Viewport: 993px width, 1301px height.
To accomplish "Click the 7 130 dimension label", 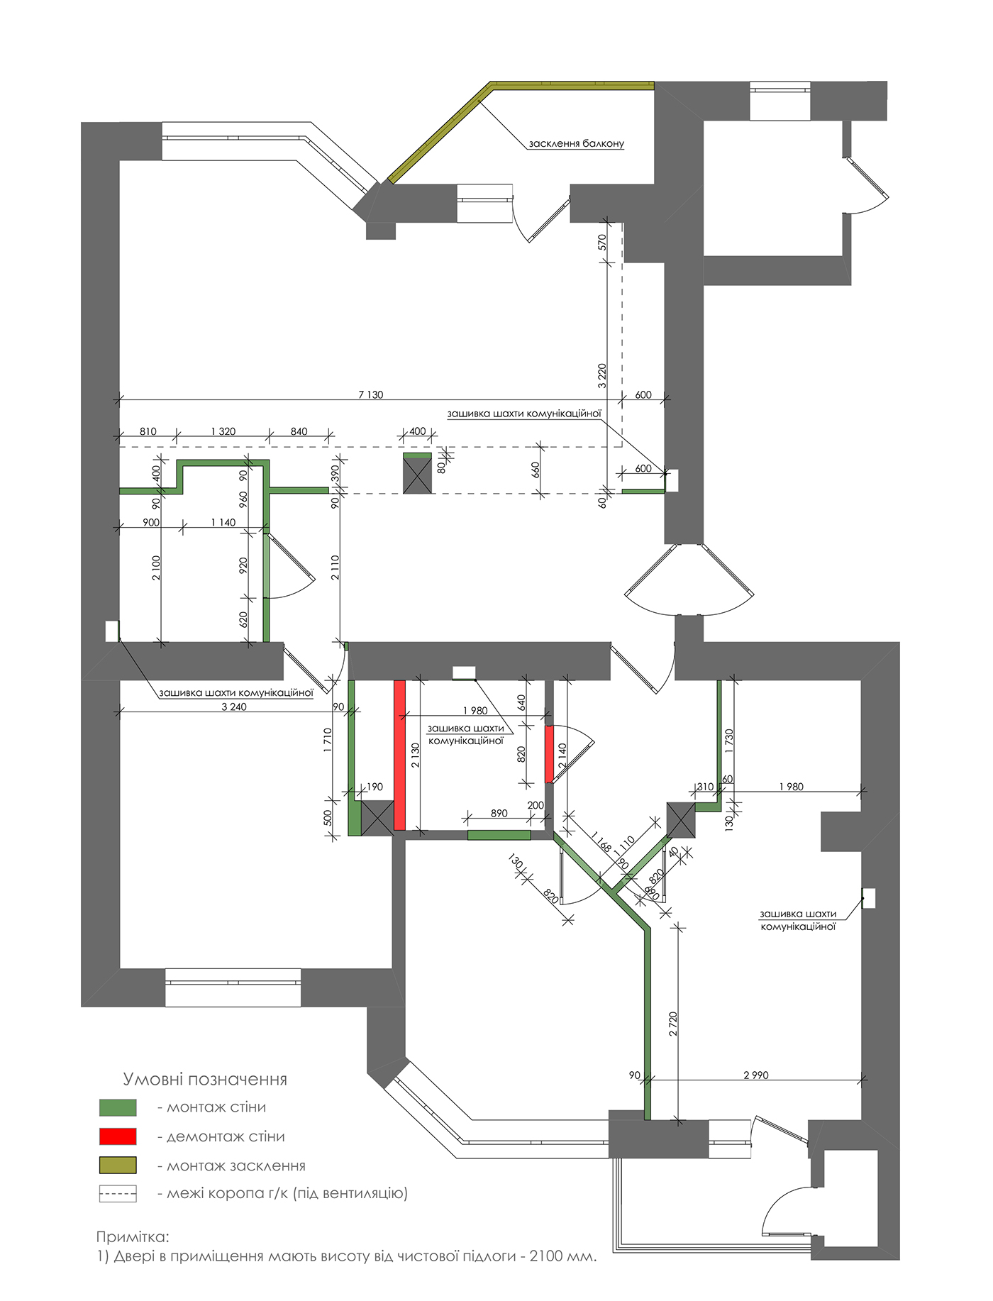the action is (370, 394).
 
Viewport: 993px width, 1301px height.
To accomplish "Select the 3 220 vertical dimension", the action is (602, 375).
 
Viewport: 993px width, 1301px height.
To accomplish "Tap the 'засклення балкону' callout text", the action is (576, 143).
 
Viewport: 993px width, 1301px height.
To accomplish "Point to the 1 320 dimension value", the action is (223, 431).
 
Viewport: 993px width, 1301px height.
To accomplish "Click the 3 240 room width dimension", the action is (234, 707).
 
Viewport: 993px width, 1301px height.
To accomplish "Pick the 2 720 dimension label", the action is (673, 1024).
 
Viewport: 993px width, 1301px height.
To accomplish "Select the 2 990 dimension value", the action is (756, 1075).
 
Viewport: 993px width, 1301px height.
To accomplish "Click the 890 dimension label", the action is (499, 813).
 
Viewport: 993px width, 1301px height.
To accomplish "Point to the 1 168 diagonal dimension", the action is (601, 841).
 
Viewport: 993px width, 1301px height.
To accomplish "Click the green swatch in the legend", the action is (118, 1107).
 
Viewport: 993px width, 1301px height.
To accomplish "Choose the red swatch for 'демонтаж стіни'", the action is (118, 1136).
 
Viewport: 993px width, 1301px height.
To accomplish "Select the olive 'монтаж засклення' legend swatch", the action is (118, 1166).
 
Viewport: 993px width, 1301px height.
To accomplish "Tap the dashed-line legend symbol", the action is (118, 1194).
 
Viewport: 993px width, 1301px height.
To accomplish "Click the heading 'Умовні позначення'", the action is (205, 1080).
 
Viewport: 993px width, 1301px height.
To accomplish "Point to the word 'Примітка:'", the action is (133, 1237).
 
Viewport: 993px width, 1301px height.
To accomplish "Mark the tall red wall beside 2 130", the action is (399, 755).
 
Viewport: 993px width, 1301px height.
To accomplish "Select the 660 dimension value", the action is (536, 470).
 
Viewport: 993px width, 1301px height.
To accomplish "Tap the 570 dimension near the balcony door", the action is (602, 242).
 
